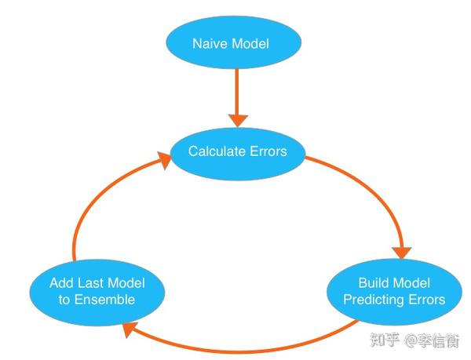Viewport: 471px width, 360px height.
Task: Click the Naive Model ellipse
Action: tap(231, 43)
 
